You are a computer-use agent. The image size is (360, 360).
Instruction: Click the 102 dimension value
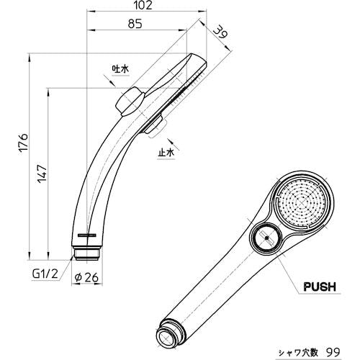143,5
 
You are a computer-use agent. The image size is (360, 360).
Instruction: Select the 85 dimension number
135,24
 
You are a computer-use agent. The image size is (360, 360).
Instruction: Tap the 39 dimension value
220,32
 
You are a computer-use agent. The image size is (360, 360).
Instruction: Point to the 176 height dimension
24,143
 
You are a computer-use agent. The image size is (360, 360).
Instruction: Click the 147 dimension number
42,174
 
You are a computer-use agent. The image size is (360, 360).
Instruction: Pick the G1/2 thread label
45,274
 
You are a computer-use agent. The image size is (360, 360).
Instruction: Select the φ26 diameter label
86,278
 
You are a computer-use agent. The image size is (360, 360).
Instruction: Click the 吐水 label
120,69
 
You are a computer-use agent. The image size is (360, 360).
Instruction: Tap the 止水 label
166,153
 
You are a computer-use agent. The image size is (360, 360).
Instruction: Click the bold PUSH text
320,287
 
